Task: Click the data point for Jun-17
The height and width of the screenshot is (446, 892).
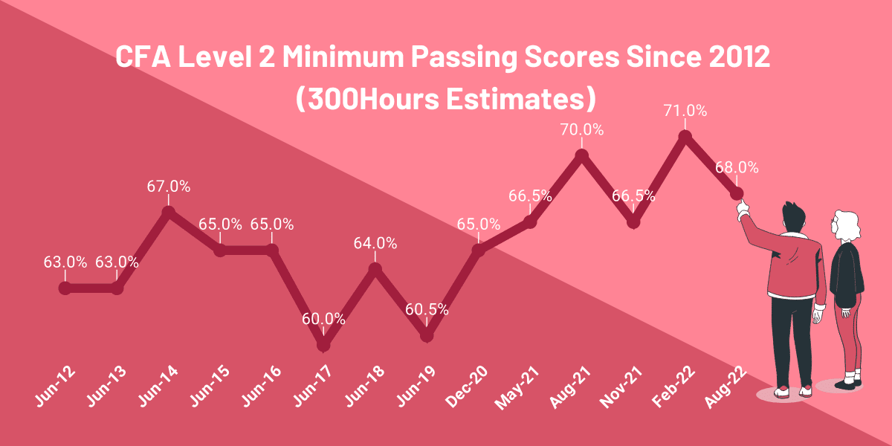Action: [x=323, y=345]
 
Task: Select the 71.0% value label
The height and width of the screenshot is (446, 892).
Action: [x=685, y=111]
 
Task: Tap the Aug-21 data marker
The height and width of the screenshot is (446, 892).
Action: [x=582, y=155]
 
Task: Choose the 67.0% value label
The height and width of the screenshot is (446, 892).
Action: [x=168, y=186]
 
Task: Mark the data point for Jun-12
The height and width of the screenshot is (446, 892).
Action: [x=65, y=288]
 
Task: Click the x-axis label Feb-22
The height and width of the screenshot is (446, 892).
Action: [x=674, y=388]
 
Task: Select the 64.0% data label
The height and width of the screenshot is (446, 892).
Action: [x=375, y=243]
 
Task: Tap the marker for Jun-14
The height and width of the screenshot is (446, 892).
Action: [x=168, y=212]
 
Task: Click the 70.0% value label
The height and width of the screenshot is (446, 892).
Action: [x=582, y=129]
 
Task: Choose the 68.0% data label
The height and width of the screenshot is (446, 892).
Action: [x=737, y=168]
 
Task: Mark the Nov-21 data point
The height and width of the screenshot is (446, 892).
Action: [x=633, y=222]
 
